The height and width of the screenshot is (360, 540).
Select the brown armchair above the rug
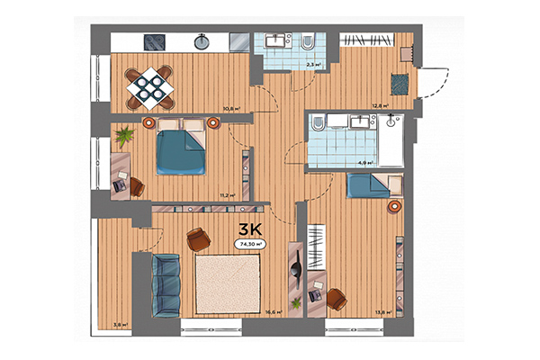pos(198,238)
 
